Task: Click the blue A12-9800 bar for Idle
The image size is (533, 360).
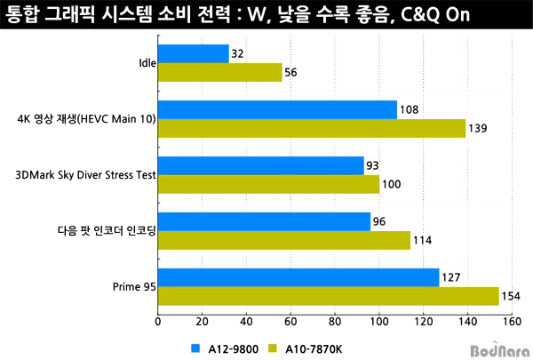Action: pos(194,54)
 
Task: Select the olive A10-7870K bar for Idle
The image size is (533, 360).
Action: pos(220,73)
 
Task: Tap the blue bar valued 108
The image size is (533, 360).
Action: pos(277,110)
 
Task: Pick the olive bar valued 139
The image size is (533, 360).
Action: pos(312,129)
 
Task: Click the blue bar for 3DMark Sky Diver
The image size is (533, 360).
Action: pos(261,166)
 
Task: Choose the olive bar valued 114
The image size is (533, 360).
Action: pos(284,240)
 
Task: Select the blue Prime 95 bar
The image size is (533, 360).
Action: pos(298,277)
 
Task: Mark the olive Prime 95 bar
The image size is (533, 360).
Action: pos(328,296)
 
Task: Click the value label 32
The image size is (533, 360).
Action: pos(237,54)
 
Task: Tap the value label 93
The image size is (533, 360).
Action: pos(373,166)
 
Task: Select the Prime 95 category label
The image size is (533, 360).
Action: pos(134,287)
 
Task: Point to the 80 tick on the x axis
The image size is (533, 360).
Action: pos(335,323)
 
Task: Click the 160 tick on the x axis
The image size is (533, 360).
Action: pos(510,323)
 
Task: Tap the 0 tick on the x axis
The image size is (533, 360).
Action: pos(158,323)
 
